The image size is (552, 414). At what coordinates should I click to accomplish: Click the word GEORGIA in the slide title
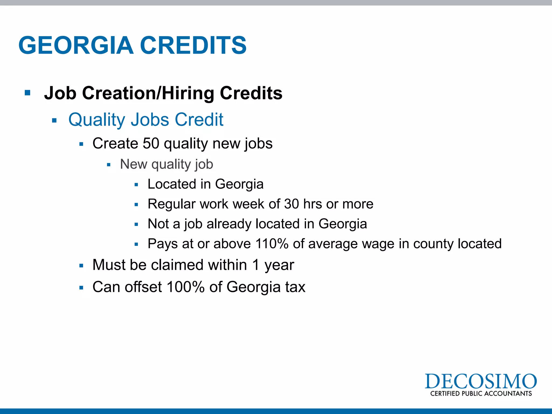click(76, 45)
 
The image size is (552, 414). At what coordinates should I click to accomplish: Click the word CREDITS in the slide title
click(193, 45)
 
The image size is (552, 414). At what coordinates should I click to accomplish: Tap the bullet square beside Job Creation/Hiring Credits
click(27, 93)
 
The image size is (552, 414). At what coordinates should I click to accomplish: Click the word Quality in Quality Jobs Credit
click(96, 120)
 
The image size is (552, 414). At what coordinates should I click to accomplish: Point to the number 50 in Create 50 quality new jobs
click(151, 143)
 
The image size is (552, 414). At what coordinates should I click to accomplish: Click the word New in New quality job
click(134, 164)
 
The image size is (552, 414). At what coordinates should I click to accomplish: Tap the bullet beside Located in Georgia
click(136, 185)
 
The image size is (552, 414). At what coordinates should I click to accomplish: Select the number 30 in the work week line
click(291, 204)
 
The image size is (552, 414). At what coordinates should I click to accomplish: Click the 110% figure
click(272, 244)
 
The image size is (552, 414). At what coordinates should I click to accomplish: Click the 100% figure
click(186, 287)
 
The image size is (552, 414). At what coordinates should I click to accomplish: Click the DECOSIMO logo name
click(481, 381)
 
